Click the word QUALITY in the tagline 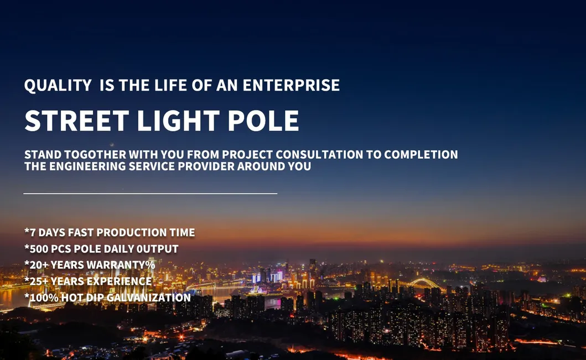coord(58,86)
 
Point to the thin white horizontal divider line coord(150,194)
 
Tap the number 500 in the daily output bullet coord(39,249)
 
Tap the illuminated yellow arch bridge coord(424,283)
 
